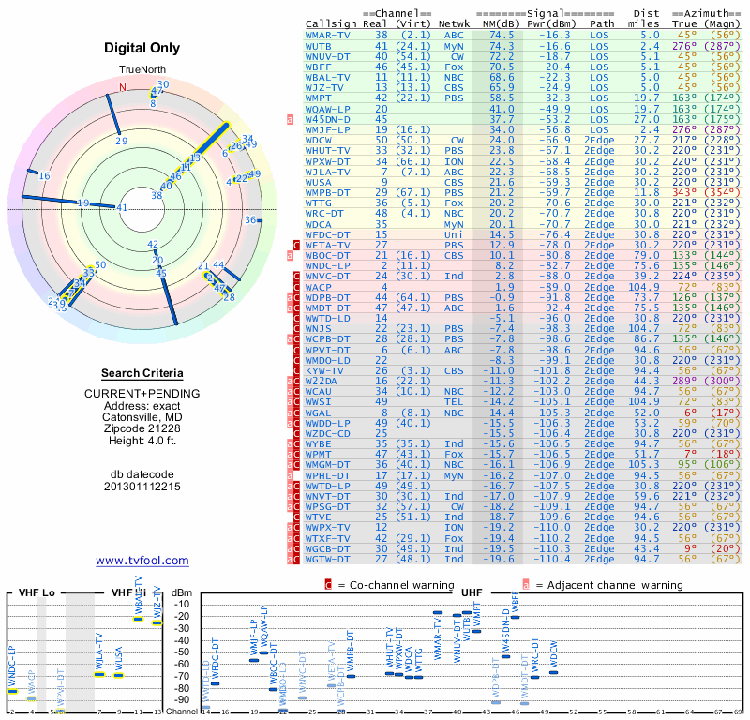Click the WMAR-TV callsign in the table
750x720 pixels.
coord(329,34)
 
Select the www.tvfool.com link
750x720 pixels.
coord(142,561)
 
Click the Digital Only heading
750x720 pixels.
coord(142,48)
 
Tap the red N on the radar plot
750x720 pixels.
coord(122,87)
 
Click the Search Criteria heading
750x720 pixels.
coord(142,373)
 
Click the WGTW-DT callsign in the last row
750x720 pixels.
coord(329,559)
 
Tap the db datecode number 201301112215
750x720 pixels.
coord(142,487)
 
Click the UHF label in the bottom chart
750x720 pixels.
coord(472,592)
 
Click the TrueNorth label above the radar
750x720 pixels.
coord(142,71)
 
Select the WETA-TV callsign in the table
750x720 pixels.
coord(329,245)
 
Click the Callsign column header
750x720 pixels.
coord(331,23)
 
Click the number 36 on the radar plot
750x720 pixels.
coord(250,220)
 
